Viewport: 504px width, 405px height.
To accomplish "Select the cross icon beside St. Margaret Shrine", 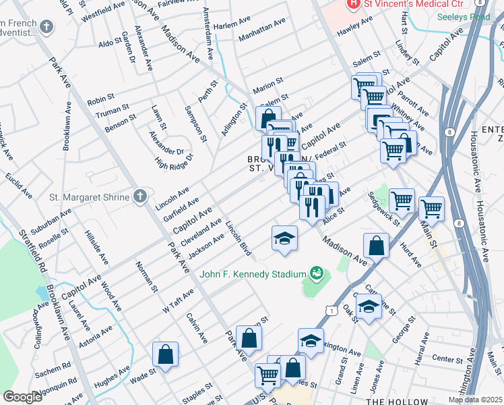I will click(139, 196).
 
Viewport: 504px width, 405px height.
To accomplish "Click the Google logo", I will click(22, 397).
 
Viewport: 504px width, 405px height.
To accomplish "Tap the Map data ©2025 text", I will click(475, 400).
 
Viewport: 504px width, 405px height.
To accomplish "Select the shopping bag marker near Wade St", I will click(165, 354).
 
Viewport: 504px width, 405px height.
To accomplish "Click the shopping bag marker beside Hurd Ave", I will click(376, 246).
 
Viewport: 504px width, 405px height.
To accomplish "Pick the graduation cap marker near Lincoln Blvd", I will click(284, 238).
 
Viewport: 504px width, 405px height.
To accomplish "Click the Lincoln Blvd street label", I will click(239, 238).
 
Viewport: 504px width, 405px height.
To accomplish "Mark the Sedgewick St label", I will click(384, 209).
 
